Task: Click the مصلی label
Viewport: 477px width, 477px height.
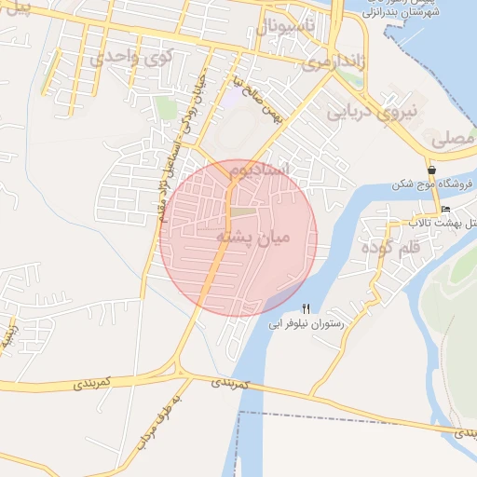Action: pyautogui.click(x=453, y=139)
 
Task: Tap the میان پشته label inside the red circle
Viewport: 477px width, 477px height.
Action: pyautogui.click(x=253, y=238)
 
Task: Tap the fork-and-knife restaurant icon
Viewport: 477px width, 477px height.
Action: pyautogui.click(x=307, y=308)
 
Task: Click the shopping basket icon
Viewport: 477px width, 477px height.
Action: pyautogui.click(x=432, y=170)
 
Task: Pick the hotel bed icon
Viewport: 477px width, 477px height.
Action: pyautogui.click(x=446, y=208)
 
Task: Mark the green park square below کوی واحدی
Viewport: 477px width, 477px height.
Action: pyautogui.click(x=167, y=109)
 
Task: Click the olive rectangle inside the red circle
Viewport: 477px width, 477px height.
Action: pyautogui.click(x=242, y=211)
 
